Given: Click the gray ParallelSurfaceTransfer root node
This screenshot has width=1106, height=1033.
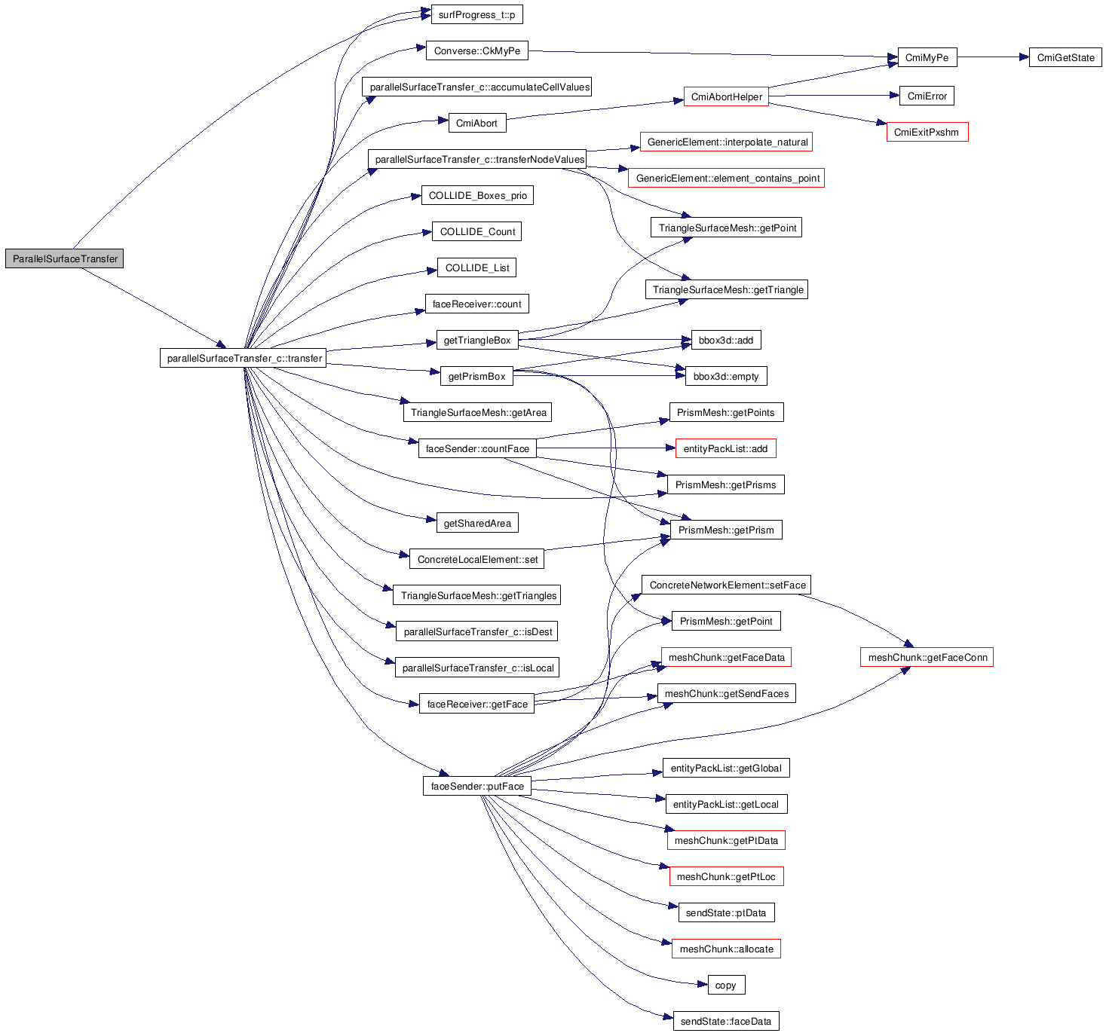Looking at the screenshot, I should pyautogui.click(x=65, y=258).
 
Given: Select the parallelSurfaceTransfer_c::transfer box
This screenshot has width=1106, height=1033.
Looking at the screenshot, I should pyautogui.click(x=244, y=358).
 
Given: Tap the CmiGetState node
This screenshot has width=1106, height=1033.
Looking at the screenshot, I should pyautogui.click(x=1065, y=57).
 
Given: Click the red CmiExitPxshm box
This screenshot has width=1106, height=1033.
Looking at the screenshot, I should pyautogui.click(x=927, y=132).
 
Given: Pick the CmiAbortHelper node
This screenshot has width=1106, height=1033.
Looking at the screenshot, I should pyautogui.click(x=726, y=96).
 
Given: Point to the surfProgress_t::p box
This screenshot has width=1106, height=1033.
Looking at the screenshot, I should pyautogui.click(x=476, y=14).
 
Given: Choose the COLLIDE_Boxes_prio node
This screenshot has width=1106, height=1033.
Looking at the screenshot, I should pyautogui.click(x=477, y=195).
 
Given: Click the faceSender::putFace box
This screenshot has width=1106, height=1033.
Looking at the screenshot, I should pyautogui.click(x=476, y=786).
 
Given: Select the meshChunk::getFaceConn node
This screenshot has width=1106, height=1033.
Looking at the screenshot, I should pyautogui.click(x=927, y=657).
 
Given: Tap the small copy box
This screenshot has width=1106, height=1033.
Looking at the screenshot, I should pyautogui.click(x=726, y=985).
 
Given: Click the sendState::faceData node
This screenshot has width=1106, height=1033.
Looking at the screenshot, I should pyautogui.click(x=725, y=1021).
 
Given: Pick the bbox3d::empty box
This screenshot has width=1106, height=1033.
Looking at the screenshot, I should pyautogui.click(x=725, y=376).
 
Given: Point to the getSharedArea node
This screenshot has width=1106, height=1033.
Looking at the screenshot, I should pyautogui.click(x=477, y=523).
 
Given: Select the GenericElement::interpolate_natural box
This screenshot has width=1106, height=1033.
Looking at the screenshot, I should pyautogui.click(x=726, y=142).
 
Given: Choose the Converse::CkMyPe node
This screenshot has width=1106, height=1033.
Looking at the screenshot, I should pyautogui.click(x=476, y=50).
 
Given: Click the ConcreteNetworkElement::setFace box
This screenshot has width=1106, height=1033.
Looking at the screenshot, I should pyautogui.click(x=727, y=585).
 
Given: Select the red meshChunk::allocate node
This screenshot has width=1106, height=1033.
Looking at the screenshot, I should pyautogui.click(x=726, y=949).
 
